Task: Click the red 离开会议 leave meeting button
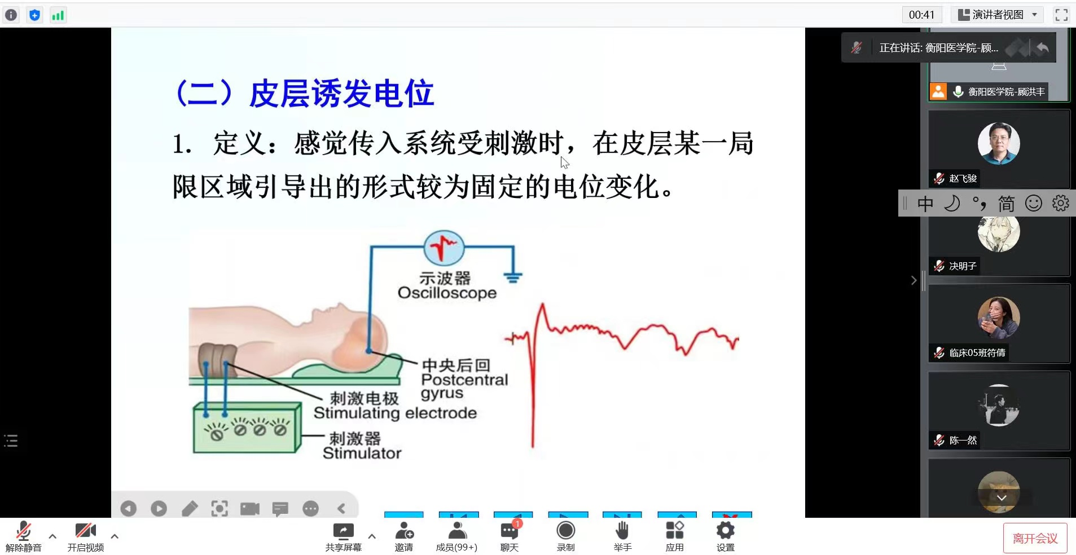click(x=1035, y=539)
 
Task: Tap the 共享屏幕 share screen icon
click(x=343, y=531)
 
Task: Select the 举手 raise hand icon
click(x=622, y=531)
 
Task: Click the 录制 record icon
click(x=565, y=531)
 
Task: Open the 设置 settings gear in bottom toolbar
click(x=726, y=530)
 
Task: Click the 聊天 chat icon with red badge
click(x=510, y=530)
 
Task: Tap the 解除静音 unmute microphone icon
click(x=23, y=531)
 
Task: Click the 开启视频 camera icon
click(x=85, y=530)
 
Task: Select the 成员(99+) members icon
click(x=457, y=530)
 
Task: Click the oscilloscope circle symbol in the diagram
click(x=444, y=248)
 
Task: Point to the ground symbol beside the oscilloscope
click(x=513, y=277)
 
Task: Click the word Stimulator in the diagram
click(x=362, y=453)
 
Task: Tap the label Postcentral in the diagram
click(x=464, y=380)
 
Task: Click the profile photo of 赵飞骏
click(x=999, y=143)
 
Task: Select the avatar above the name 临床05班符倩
click(x=999, y=318)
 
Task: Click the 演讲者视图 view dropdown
click(x=998, y=15)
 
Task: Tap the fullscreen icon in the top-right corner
click(x=1061, y=15)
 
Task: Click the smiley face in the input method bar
click(x=1033, y=203)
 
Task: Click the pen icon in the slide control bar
click(x=190, y=509)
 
